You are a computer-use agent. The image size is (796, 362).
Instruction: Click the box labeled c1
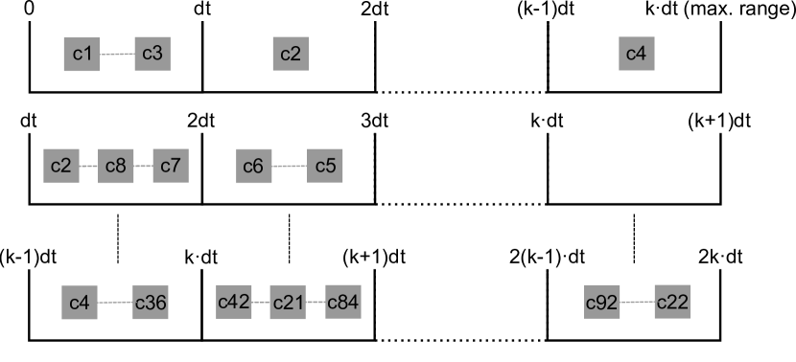click(x=82, y=54)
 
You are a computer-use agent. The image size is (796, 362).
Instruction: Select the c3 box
click(x=152, y=54)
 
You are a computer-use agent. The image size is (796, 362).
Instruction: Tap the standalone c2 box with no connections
click(x=290, y=54)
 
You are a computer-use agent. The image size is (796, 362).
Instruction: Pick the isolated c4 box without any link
click(x=636, y=54)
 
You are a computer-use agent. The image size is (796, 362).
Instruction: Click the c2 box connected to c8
click(x=61, y=166)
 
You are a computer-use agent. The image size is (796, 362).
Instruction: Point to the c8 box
click(x=116, y=166)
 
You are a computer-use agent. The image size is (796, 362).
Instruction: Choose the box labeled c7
click(x=170, y=166)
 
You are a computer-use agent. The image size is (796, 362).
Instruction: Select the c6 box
click(x=253, y=166)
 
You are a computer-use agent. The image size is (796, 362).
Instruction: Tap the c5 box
click(x=325, y=166)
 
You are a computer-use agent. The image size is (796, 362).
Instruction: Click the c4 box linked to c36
click(x=80, y=303)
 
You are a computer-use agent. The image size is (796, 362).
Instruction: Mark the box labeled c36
click(x=151, y=303)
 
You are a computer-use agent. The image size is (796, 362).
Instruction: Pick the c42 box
click(x=234, y=303)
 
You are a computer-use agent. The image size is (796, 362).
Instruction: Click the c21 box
click(x=288, y=303)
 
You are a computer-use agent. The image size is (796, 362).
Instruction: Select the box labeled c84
click(x=342, y=303)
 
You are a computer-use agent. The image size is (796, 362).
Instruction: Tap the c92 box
click(x=602, y=303)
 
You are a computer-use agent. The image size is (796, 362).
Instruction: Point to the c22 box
click(x=672, y=303)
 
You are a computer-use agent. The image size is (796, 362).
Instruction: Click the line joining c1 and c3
click(x=117, y=54)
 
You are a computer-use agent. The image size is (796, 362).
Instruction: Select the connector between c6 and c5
click(x=289, y=166)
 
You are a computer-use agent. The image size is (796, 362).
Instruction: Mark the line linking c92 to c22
click(x=637, y=303)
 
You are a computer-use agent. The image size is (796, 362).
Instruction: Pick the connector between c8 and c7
click(x=143, y=166)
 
